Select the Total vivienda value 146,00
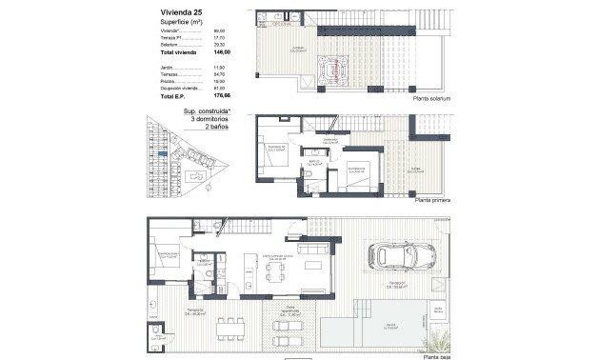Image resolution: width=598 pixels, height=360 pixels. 222,53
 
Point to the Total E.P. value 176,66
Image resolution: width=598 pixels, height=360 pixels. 222,96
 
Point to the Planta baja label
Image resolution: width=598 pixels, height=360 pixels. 433,352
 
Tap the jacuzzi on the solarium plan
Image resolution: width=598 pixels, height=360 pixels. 337,67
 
